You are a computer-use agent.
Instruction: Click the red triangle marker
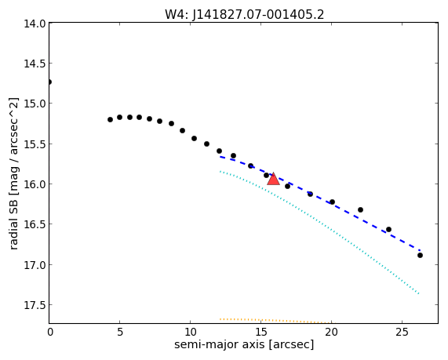tap(273, 179)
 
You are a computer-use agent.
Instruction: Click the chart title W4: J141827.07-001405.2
tap(244, 14)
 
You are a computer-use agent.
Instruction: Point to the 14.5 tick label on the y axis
tap(35, 64)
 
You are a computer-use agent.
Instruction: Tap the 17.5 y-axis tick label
tap(35, 305)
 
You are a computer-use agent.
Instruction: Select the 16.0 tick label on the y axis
tap(35, 184)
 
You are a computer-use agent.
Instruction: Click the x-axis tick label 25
tap(402, 332)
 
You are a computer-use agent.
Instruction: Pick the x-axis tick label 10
tap(191, 332)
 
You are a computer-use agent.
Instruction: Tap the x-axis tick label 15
tap(260, 332)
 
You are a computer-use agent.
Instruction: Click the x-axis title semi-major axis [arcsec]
tap(244, 344)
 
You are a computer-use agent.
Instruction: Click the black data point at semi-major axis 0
tap(49, 82)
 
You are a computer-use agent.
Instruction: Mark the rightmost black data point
tap(420, 255)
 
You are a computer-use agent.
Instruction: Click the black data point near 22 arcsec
tap(360, 209)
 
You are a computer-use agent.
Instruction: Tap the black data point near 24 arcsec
tap(388, 229)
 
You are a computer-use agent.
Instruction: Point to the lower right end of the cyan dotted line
tap(419, 293)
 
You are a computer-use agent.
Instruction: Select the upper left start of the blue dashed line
tap(220, 157)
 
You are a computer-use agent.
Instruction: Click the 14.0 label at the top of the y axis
tap(35, 24)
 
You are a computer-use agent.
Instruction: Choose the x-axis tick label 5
tap(120, 332)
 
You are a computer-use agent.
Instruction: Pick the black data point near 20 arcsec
tap(332, 202)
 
